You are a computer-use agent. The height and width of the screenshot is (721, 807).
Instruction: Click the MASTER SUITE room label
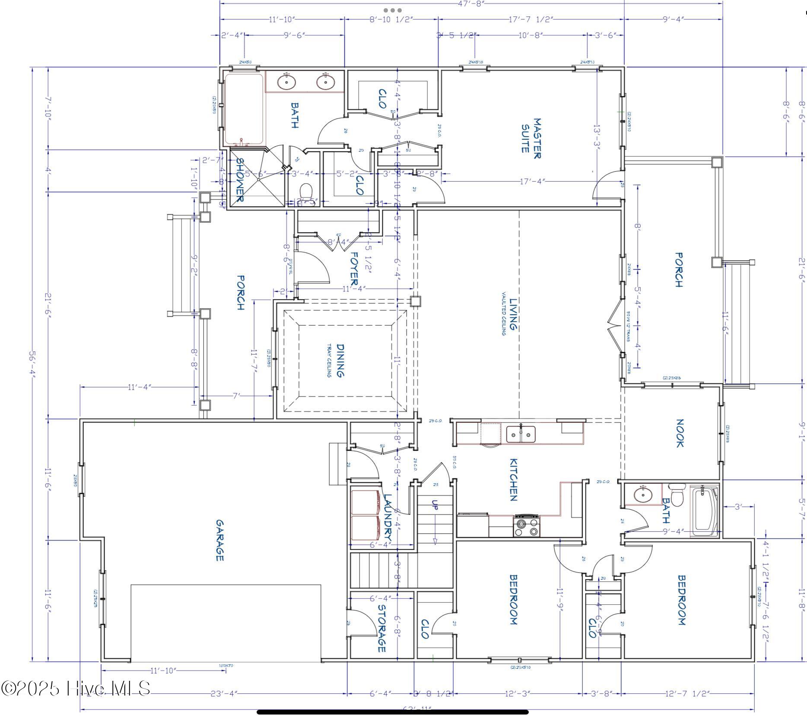[x=531, y=138]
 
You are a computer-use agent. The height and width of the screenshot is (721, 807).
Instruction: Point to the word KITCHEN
[x=513, y=480]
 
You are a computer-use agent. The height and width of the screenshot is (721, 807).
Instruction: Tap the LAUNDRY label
[x=388, y=517]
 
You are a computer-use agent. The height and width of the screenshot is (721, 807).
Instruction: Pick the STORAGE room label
[x=381, y=628]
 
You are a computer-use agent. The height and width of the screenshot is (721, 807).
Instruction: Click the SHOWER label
[x=240, y=180]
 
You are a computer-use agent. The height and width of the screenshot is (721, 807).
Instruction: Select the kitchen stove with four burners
[x=527, y=526]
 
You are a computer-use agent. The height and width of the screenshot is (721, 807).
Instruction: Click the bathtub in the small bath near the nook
[x=704, y=511]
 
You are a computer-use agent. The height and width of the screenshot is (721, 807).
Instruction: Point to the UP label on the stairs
[x=435, y=505]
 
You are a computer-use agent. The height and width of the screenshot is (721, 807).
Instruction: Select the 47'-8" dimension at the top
[x=471, y=3]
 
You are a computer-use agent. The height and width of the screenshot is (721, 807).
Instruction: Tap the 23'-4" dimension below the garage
[x=224, y=693]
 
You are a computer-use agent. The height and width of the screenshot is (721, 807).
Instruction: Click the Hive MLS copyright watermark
[x=76, y=688]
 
